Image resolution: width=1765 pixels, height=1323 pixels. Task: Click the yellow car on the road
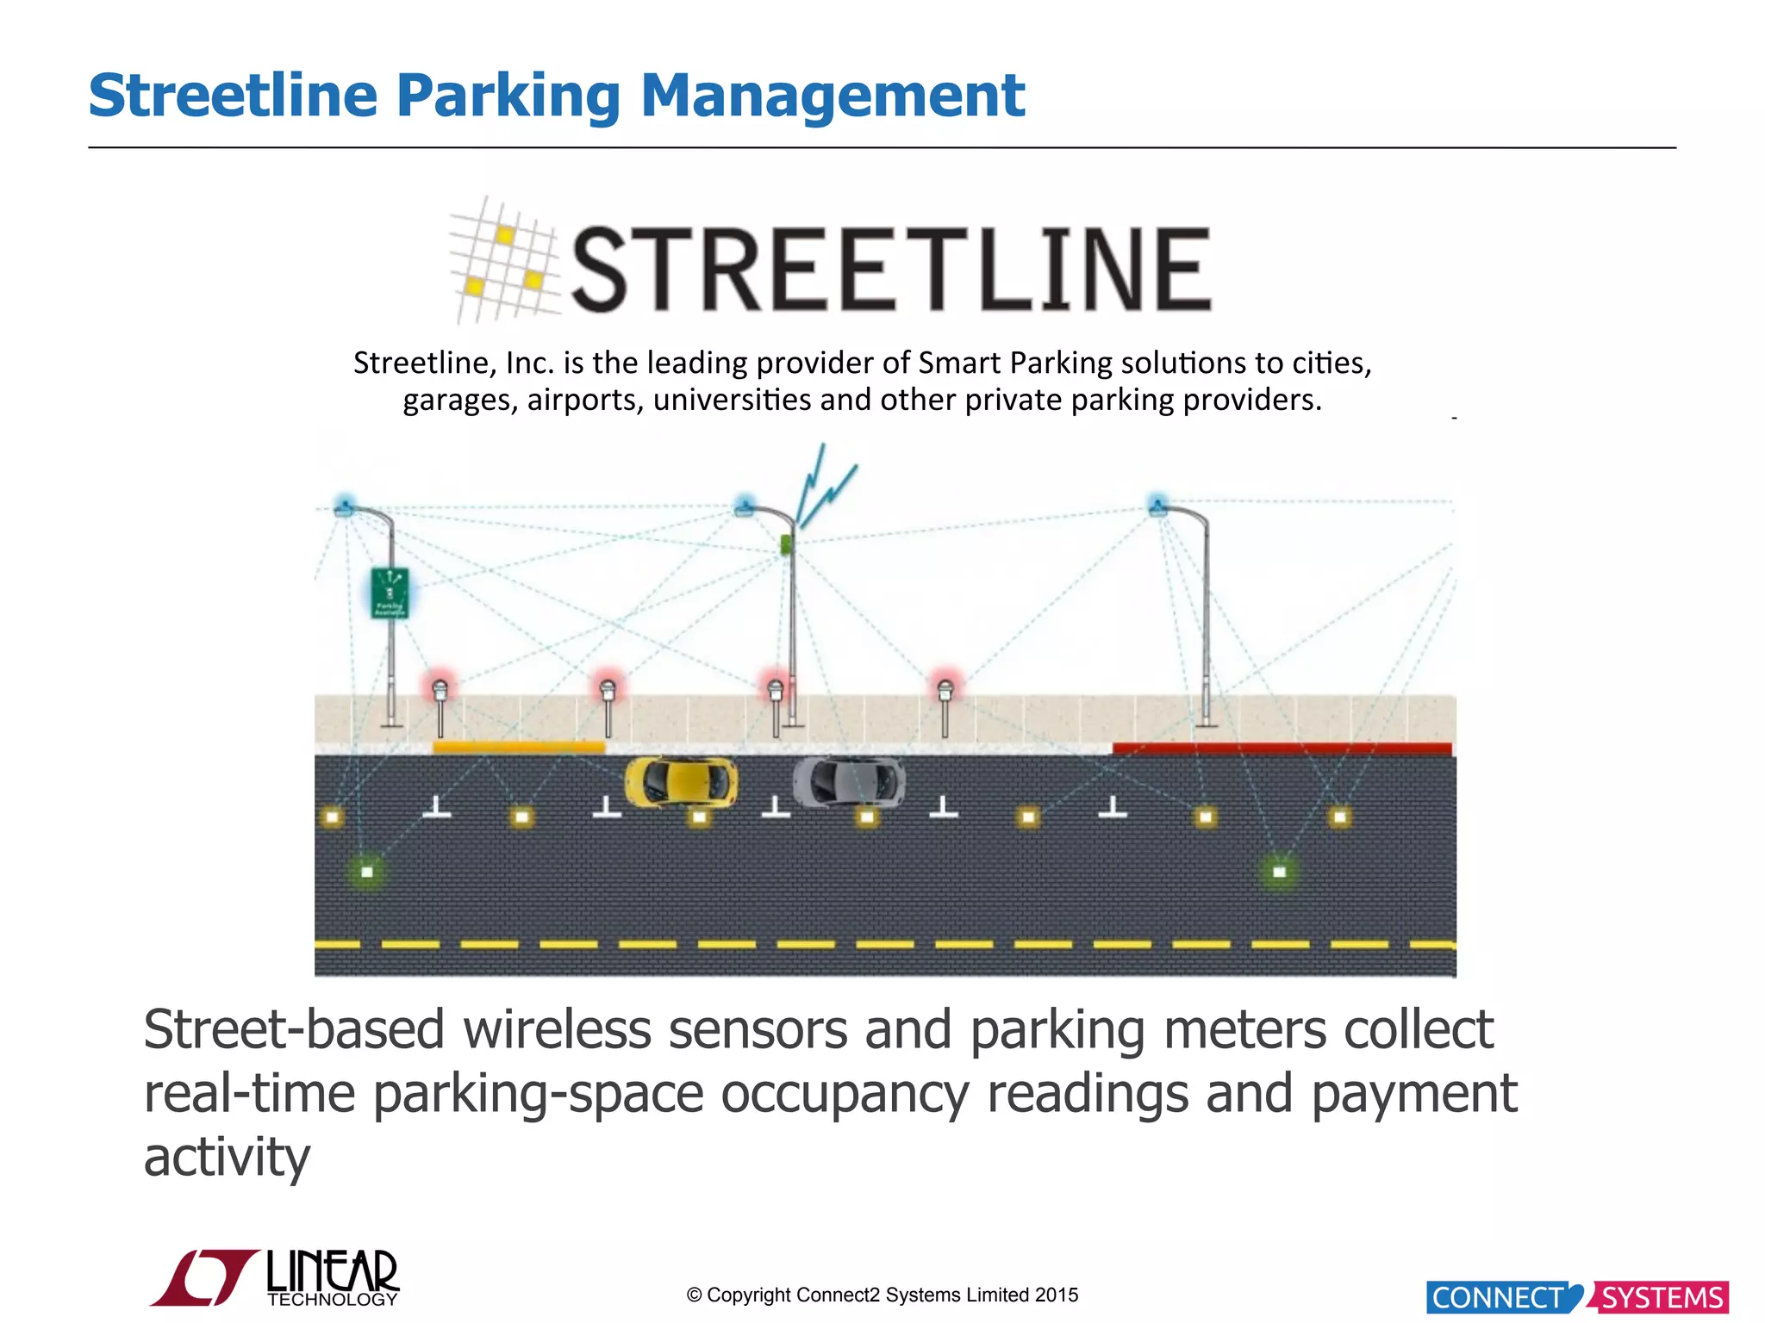(x=681, y=782)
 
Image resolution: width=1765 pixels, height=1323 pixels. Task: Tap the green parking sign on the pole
(x=390, y=593)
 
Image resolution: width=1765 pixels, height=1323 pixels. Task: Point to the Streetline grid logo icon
(x=504, y=260)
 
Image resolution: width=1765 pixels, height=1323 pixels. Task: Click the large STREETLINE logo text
(x=891, y=269)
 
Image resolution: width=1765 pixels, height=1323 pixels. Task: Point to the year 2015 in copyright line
(x=1057, y=1295)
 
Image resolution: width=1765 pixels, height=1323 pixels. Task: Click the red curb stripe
(x=1282, y=748)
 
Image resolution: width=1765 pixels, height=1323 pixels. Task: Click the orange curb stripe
(x=518, y=747)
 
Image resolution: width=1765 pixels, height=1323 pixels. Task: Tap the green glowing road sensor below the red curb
(x=1279, y=872)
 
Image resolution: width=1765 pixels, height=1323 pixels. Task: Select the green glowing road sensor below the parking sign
(x=367, y=872)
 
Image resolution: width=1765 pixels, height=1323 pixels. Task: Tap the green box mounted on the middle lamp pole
(x=786, y=544)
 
